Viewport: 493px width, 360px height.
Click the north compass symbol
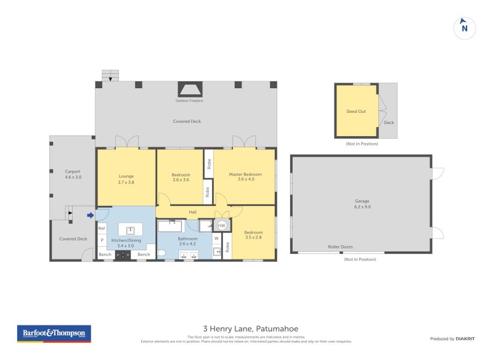tap(465, 28)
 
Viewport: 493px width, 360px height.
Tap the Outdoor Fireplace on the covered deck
tap(189, 90)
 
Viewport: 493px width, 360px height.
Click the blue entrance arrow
tap(91, 215)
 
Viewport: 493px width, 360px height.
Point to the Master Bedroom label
tap(245, 177)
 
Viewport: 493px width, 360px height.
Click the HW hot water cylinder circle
tap(221, 226)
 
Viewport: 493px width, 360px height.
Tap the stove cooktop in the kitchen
tap(123, 255)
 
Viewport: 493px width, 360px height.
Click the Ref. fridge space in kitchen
tap(102, 229)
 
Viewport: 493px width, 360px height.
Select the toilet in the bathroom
tap(161, 253)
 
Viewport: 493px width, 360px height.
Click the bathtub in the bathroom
tap(173, 226)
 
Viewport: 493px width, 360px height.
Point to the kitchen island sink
tap(130, 229)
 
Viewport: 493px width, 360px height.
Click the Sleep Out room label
tap(356, 112)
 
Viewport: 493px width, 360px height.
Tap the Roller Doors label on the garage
tap(340, 247)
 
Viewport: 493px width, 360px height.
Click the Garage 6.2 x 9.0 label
tap(362, 204)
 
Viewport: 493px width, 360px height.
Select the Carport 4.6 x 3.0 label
tap(73, 174)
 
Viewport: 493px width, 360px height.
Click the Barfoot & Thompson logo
tap(54, 333)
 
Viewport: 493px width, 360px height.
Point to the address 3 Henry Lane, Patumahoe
tap(250, 329)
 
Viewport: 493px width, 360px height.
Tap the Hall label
tap(192, 212)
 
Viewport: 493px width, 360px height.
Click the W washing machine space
tap(216, 238)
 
